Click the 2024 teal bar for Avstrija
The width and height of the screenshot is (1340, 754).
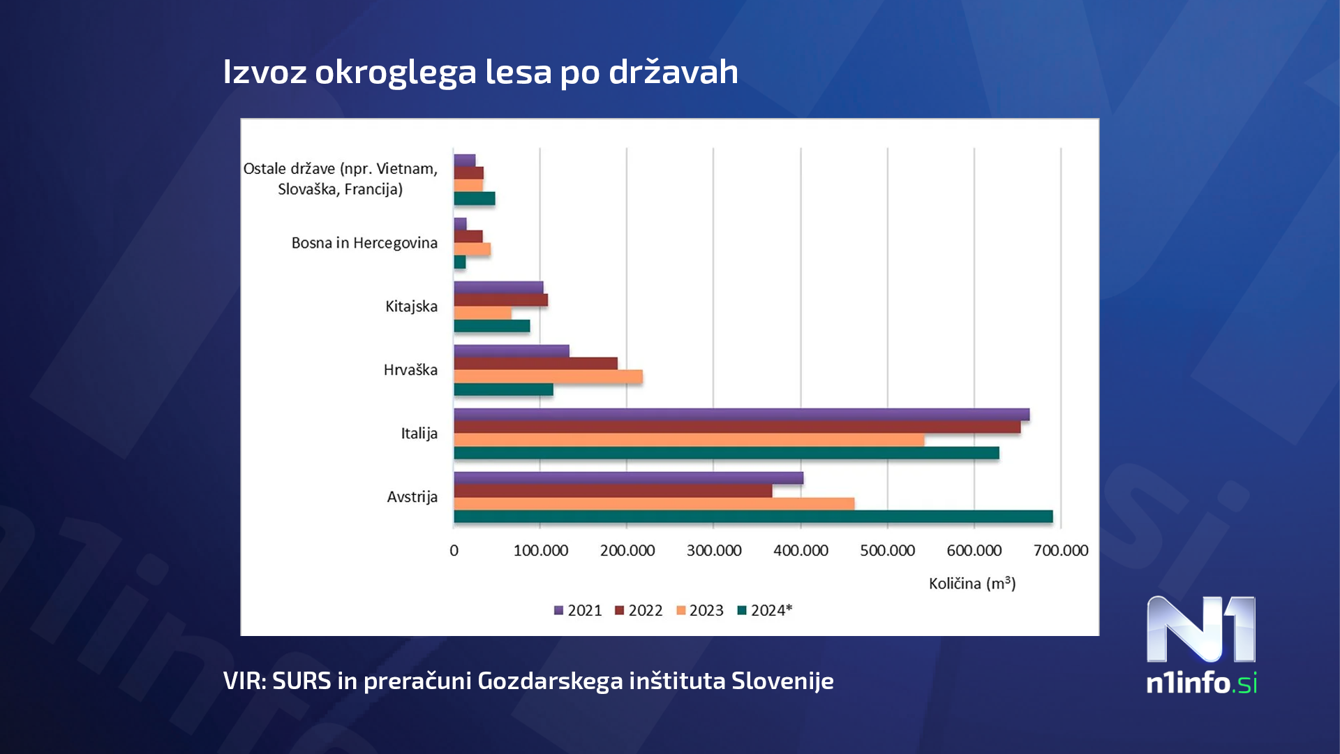point(752,517)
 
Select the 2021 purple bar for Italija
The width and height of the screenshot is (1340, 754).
point(741,415)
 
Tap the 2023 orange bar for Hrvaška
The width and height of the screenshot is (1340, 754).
point(548,377)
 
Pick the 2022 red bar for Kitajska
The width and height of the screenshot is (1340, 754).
point(500,300)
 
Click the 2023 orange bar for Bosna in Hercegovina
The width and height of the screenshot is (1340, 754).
point(472,249)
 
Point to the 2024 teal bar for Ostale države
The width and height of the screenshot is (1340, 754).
point(474,199)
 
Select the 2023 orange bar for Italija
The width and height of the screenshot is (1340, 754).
point(689,440)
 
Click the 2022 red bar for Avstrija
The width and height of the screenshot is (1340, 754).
point(613,491)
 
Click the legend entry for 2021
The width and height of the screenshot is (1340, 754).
point(578,610)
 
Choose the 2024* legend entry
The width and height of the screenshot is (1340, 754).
point(765,610)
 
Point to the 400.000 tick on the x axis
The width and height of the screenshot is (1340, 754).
point(801,550)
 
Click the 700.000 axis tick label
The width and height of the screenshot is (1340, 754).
point(1060,550)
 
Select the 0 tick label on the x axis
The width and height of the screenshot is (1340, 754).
point(454,550)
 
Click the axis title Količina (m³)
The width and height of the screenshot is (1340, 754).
point(971,583)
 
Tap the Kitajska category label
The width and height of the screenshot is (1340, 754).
point(411,306)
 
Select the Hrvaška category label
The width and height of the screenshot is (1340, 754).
point(410,370)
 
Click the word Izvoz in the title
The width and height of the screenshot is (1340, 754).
point(265,72)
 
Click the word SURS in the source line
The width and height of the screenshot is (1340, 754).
point(301,681)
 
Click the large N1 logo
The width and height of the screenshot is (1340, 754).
point(1200,630)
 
